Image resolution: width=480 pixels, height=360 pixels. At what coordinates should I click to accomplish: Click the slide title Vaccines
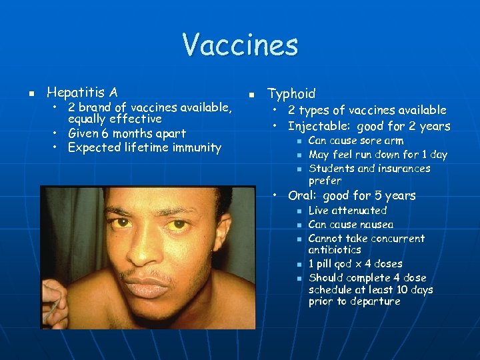pyautogui.click(x=240, y=46)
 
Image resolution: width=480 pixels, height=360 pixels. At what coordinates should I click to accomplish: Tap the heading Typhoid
pyautogui.click(x=291, y=94)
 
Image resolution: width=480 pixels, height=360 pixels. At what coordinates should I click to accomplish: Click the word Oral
pyautogui.click(x=301, y=195)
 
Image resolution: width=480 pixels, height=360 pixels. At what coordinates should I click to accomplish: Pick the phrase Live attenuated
pyautogui.click(x=347, y=211)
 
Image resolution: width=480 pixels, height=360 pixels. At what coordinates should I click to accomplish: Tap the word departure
pyautogui.click(x=376, y=301)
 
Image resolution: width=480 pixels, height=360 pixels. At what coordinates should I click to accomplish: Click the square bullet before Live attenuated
pyautogui.click(x=299, y=211)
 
